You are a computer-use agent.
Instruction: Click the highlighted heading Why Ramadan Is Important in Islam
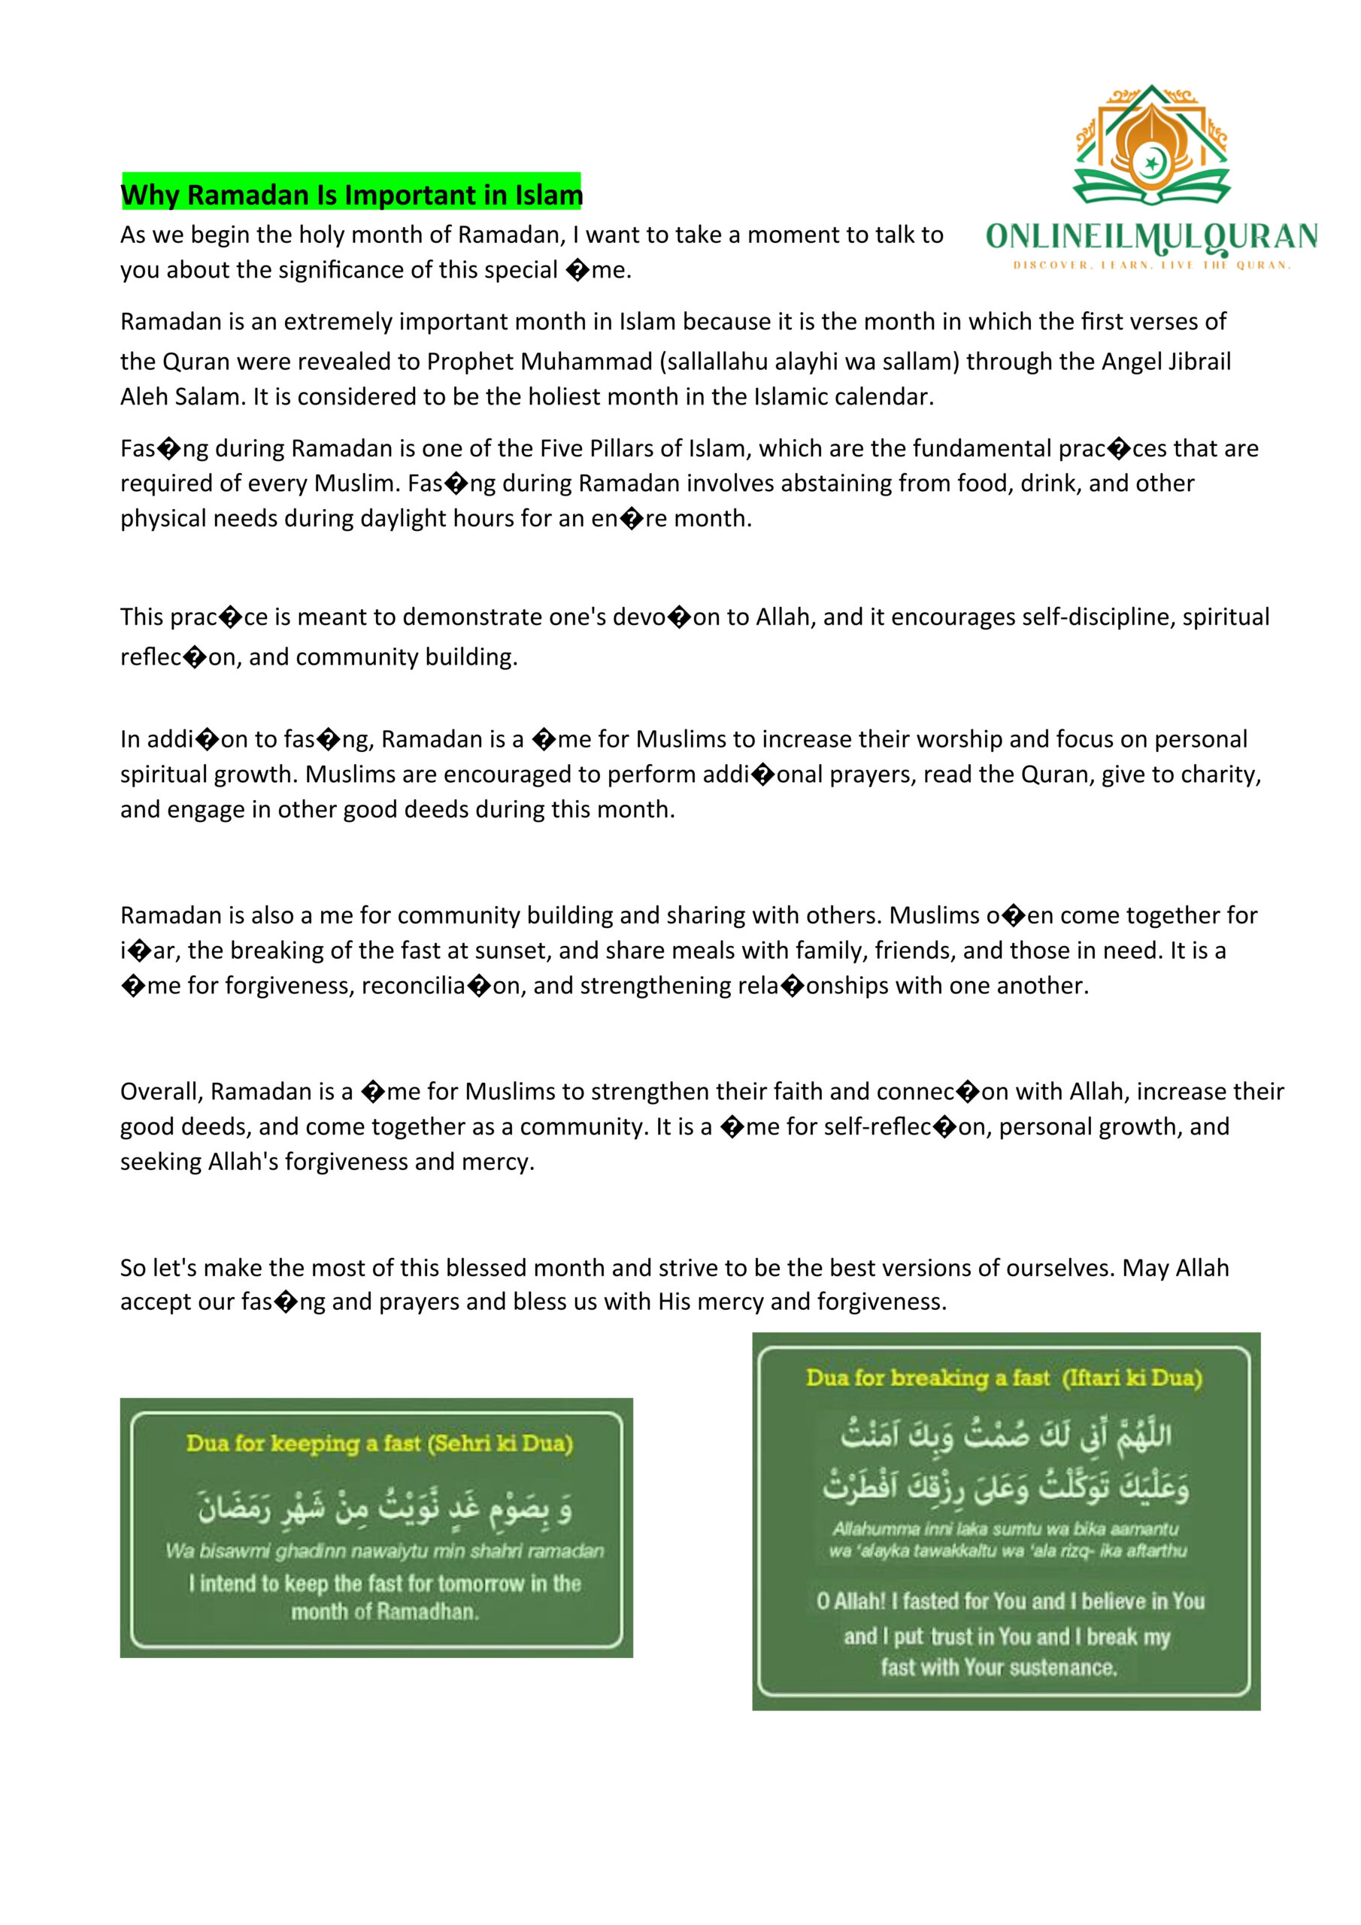pyautogui.click(x=351, y=195)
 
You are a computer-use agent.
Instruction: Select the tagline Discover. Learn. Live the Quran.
pyautogui.click(x=1151, y=265)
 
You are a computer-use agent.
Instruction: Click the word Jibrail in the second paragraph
pyautogui.click(x=1203, y=362)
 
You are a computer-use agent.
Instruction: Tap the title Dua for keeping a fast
pyautogui.click(x=379, y=1443)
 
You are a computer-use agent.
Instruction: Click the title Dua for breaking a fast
pyautogui.click(x=1004, y=1378)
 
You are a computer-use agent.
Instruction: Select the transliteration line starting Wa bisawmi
pyautogui.click(x=384, y=1551)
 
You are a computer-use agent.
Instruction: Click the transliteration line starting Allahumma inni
pyautogui.click(x=1005, y=1529)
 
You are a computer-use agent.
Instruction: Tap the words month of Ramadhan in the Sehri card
pyautogui.click(x=385, y=1611)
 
